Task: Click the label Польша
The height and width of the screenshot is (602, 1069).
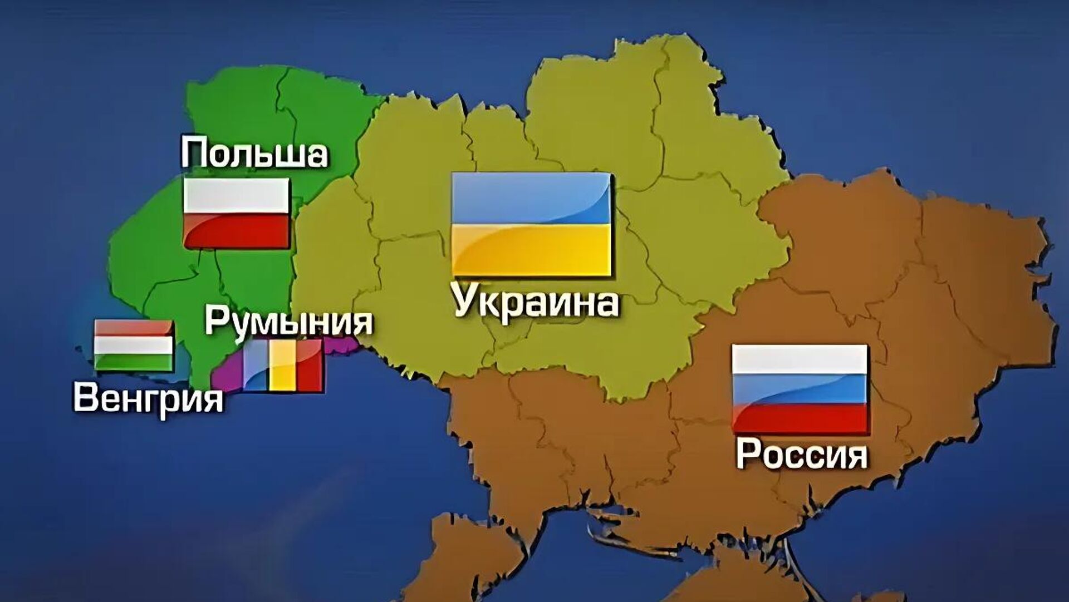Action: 254,152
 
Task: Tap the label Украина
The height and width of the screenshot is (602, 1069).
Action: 536,302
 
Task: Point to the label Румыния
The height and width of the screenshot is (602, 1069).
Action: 288,321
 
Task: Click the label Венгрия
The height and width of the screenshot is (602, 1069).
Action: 148,398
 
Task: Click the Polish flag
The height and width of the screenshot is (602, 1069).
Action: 237,213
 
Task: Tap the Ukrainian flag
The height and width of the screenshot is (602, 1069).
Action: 531,224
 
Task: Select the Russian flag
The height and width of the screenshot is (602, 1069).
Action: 800,388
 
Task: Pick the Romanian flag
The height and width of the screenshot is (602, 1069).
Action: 283,365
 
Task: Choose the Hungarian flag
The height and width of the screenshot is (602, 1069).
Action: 134,345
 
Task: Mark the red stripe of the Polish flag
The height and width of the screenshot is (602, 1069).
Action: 237,230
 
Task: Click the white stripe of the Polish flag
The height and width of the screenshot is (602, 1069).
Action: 237,195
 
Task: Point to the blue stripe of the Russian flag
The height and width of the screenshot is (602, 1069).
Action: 800,389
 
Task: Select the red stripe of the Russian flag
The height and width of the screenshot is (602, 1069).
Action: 800,417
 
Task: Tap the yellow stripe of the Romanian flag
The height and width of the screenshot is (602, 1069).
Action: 283,365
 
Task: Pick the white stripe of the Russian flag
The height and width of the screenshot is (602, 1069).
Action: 800,359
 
